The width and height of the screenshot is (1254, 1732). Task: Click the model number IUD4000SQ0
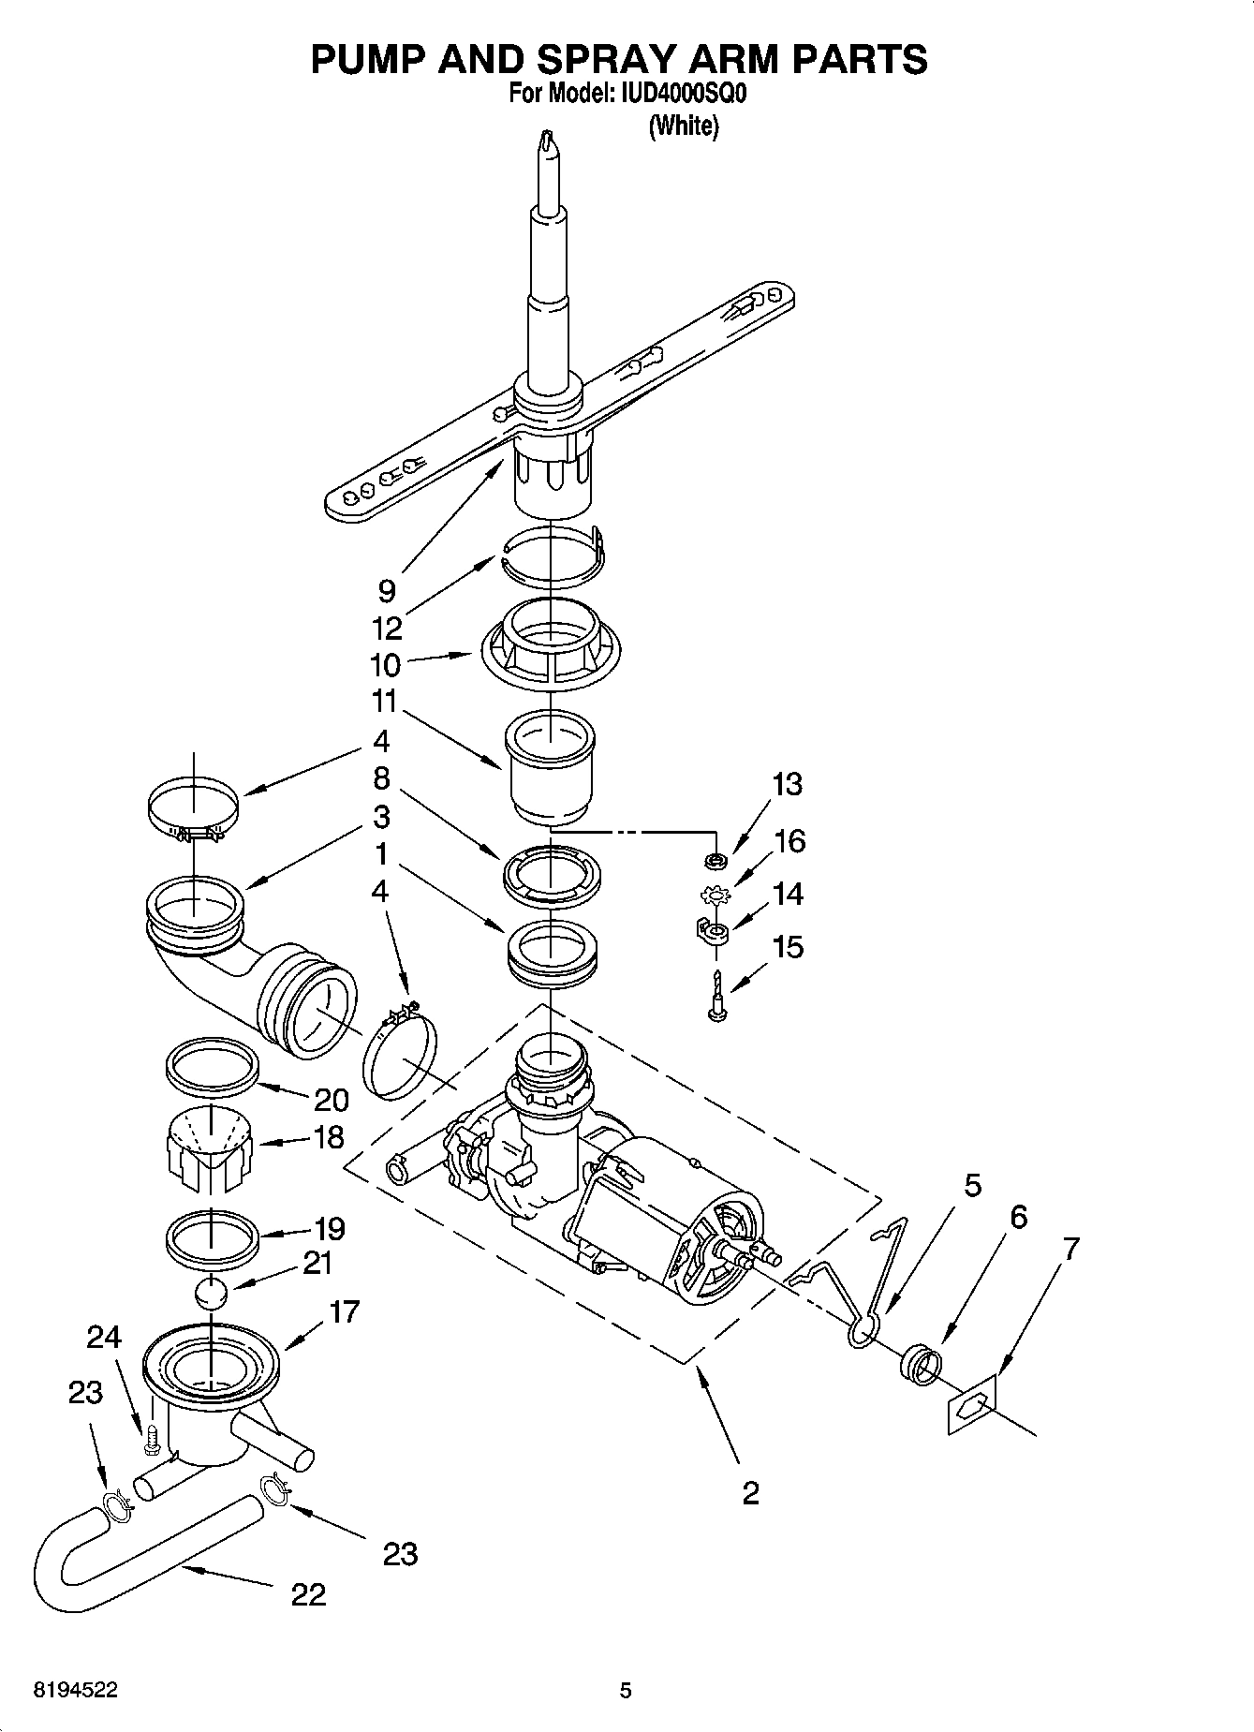[x=680, y=95]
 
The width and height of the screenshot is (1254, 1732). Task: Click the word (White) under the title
[x=684, y=126]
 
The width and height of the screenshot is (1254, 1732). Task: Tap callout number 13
[x=788, y=784]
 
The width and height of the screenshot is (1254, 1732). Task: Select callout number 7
[x=1070, y=1249]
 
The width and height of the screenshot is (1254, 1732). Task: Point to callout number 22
[x=308, y=1593]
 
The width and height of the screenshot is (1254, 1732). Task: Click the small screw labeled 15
[x=717, y=997]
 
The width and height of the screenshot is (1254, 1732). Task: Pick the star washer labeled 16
[x=716, y=896]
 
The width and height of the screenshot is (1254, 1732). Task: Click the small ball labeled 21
[x=212, y=1295]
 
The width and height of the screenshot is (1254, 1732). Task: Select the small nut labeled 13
[x=716, y=859]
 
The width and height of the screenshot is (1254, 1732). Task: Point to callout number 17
[x=345, y=1311]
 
